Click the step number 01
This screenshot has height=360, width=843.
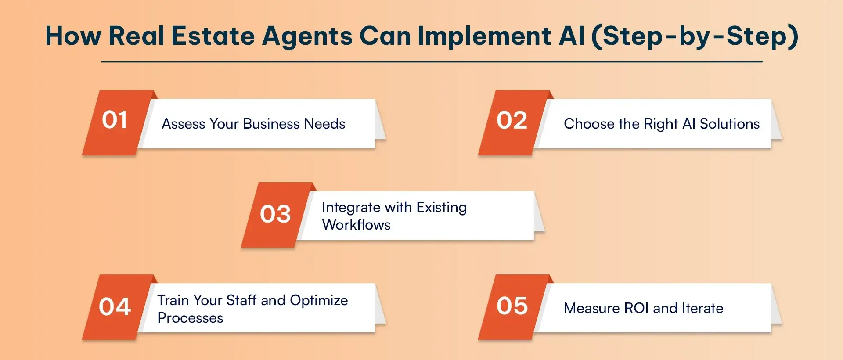tap(115, 120)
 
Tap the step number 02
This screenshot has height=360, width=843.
tap(512, 120)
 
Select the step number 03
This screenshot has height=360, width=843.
tap(275, 214)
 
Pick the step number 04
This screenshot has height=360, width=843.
tap(115, 306)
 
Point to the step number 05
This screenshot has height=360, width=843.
tap(512, 306)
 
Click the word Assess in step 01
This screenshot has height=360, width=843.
tap(184, 124)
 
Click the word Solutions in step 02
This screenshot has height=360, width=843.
tap(730, 124)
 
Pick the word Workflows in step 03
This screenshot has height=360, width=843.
tap(356, 225)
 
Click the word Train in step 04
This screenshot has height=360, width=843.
tap(173, 300)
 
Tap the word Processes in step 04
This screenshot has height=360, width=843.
tap(190, 318)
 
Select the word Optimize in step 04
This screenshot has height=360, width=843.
tap(319, 301)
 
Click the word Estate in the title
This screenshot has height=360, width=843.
tap(213, 36)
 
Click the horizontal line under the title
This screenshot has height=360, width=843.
tap(432, 62)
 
